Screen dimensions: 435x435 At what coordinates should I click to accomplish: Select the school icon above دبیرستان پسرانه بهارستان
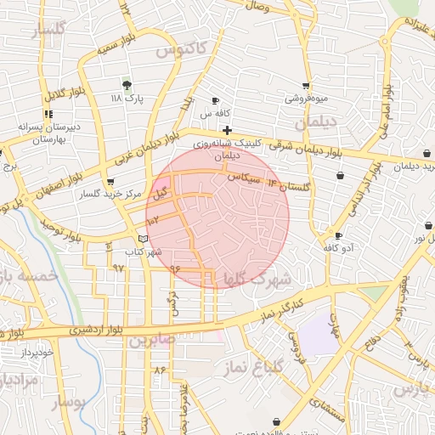pyautogui.click(x=48, y=114)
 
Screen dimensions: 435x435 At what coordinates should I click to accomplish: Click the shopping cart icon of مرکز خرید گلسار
pyautogui.click(x=110, y=182)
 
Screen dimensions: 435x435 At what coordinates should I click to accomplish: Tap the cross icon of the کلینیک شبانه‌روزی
pyautogui.click(x=228, y=130)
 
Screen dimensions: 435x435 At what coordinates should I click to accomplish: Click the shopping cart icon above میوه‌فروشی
pyautogui.click(x=306, y=86)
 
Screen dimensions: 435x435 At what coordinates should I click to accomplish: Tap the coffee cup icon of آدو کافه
pyautogui.click(x=338, y=235)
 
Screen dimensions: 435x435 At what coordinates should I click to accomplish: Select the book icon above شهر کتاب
pyautogui.click(x=143, y=239)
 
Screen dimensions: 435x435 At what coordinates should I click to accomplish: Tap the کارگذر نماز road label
pyautogui.click(x=277, y=307)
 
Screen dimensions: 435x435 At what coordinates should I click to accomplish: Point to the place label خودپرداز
pyautogui.click(x=37, y=351)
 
